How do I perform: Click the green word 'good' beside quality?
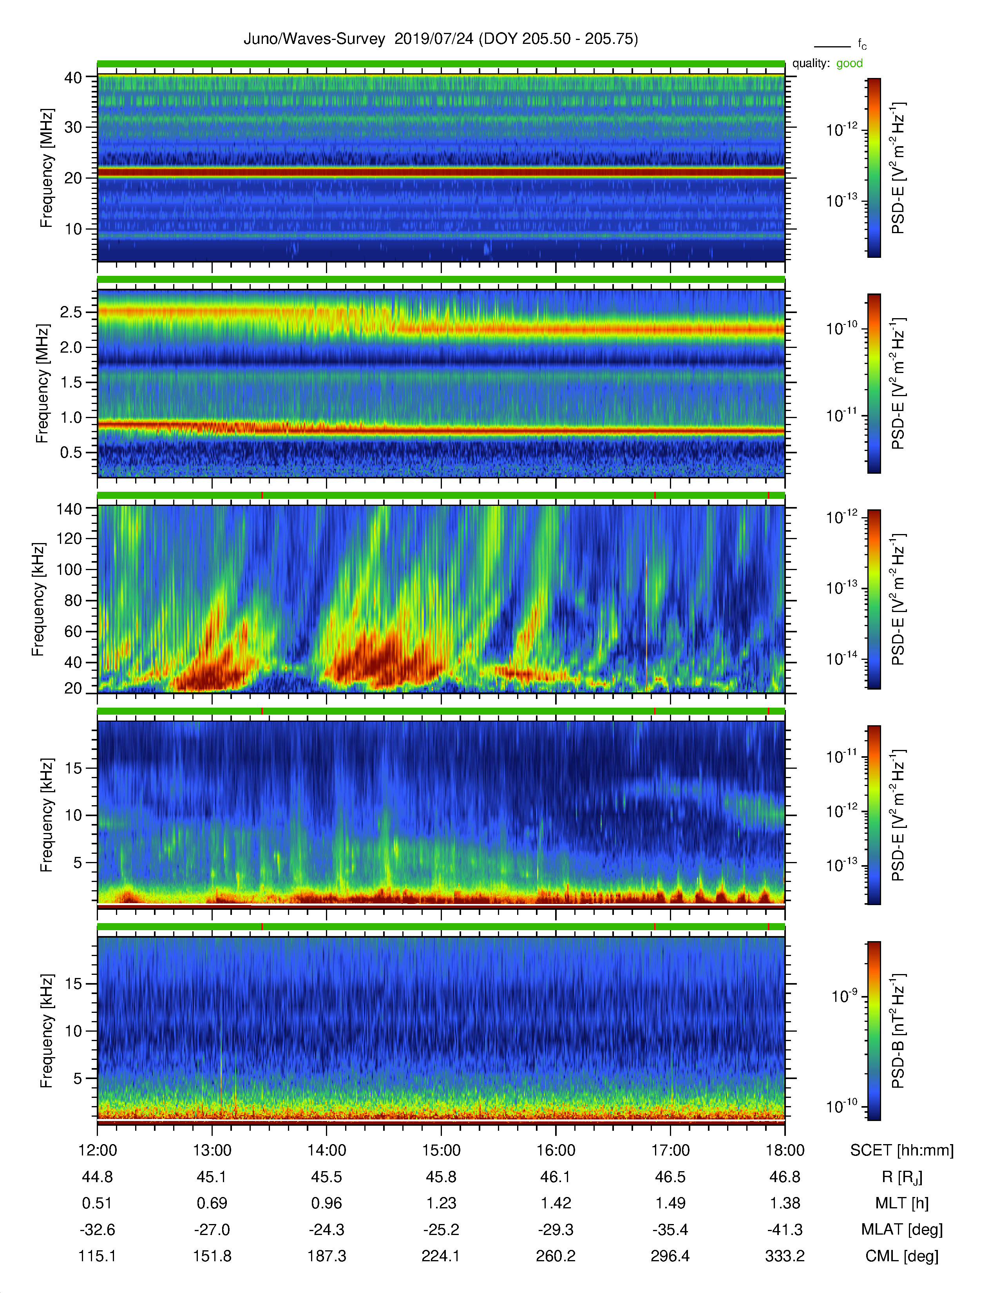click(x=849, y=63)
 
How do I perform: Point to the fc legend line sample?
click(x=832, y=46)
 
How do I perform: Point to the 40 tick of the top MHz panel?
click(x=73, y=78)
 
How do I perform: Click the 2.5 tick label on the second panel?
click(x=71, y=312)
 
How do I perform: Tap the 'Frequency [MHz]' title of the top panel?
click(x=46, y=168)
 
